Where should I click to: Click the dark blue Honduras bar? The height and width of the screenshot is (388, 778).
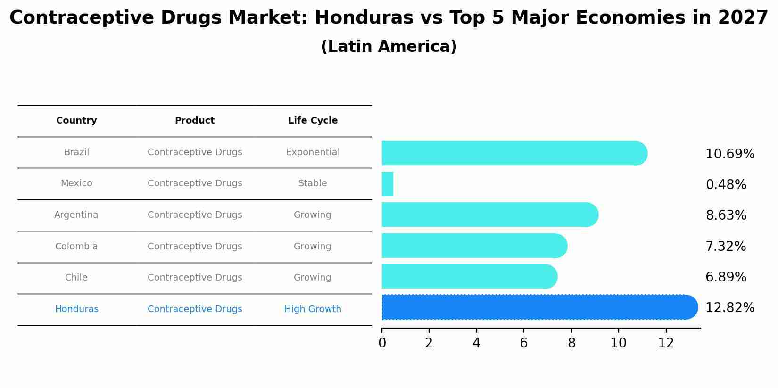point(538,307)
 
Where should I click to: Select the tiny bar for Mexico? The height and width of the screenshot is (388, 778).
point(387,184)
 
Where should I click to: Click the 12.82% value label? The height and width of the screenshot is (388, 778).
point(729,308)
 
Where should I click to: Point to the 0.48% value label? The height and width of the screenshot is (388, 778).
point(726,185)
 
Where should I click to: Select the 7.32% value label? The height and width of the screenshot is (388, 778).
point(726,247)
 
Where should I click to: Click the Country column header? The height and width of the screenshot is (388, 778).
point(76,121)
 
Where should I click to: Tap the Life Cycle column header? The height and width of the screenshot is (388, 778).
point(313,121)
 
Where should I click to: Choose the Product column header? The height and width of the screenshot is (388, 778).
point(195,121)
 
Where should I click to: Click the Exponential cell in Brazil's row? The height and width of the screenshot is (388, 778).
point(313,152)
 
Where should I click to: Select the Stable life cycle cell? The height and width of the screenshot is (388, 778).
point(313,183)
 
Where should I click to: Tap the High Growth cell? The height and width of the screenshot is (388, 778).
point(313,309)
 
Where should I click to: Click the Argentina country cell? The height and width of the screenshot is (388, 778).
point(76,215)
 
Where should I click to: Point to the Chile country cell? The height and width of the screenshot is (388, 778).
point(76,278)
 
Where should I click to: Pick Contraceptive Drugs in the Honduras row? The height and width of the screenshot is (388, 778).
point(195,309)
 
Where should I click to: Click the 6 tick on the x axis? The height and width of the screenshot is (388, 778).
point(524,343)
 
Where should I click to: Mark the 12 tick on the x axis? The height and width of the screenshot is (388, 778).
point(666,343)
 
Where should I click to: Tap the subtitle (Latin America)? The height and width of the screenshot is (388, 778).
point(389,47)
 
